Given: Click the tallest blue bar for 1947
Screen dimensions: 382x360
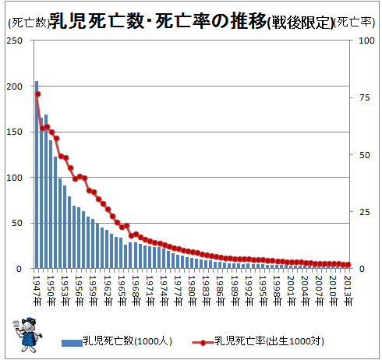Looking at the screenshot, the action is tap(37, 175).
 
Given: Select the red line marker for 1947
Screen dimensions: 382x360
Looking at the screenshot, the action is tap(38, 94).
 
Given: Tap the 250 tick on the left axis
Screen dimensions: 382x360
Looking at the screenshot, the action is tap(15, 41).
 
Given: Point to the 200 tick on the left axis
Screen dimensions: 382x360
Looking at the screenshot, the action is tap(15, 86).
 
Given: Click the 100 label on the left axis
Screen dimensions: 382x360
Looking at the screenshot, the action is tap(15, 178).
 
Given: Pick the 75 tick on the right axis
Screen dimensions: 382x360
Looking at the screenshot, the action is tap(364, 97).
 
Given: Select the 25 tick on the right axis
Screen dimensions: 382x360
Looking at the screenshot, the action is tap(364, 212).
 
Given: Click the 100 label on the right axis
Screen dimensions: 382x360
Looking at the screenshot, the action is tap(366, 41).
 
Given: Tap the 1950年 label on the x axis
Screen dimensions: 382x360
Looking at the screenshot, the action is tap(51, 291).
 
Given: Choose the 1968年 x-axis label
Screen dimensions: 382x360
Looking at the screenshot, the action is tap(136, 291).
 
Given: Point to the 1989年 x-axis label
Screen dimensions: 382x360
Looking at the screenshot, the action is tap(235, 291).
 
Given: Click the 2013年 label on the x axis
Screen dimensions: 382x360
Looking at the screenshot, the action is tap(348, 291).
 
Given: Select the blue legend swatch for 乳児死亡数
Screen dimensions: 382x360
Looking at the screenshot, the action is tap(72, 343).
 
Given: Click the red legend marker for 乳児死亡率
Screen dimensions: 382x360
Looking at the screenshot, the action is tap(203, 343).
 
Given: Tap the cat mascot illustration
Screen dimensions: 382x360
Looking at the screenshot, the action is tap(27, 334).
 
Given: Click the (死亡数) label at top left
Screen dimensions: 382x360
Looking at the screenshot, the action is tap(28, 23).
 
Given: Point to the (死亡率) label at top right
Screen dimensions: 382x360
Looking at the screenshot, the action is tap(354, 23).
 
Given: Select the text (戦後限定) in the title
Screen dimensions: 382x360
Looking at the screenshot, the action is tap(300, 23).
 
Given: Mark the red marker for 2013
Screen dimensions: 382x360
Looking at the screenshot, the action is tap(348, 265).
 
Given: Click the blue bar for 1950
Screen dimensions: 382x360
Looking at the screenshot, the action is tap(51, 204).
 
